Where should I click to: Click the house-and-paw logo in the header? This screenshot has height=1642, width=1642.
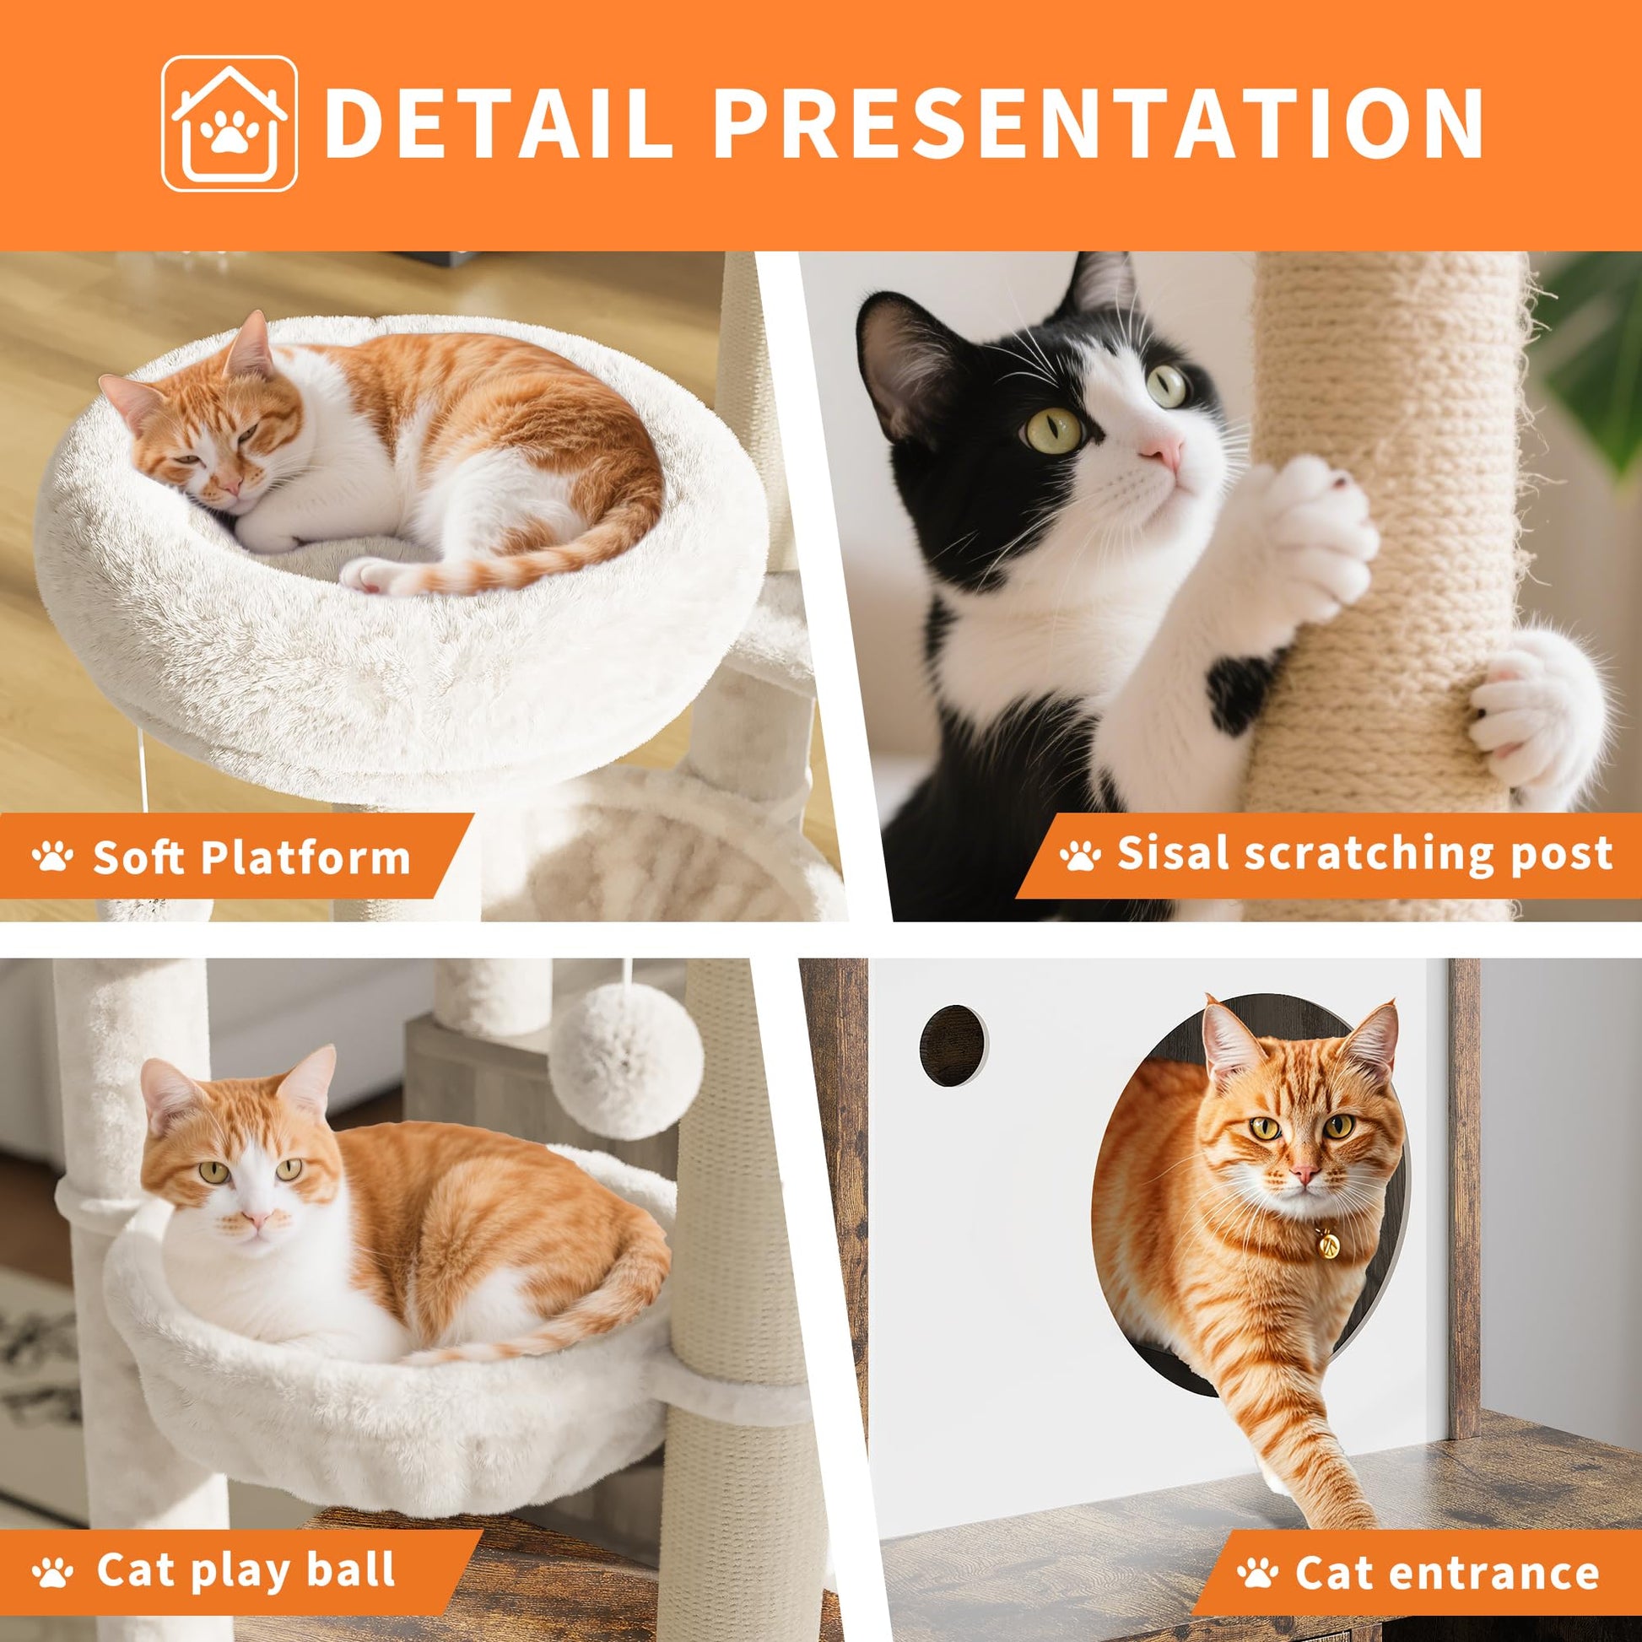click(x=230, y=123)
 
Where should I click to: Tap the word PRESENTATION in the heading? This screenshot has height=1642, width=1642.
click(x=1096, y=124)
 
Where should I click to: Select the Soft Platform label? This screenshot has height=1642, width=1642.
click(x=251, y=856)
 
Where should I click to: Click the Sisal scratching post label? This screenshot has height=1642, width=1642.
click(x=1364, y=852)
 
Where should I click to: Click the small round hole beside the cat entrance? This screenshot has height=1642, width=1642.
click(x=953, y=1045)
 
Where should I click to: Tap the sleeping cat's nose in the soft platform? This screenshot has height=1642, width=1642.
click(x=228, y=487)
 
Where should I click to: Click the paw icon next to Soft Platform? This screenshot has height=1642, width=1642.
click(x=51, y=856)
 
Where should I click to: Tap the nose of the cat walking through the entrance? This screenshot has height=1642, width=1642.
click(x=1303, y=1175)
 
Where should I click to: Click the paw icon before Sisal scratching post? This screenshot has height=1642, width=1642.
click(x=1079, y=854)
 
